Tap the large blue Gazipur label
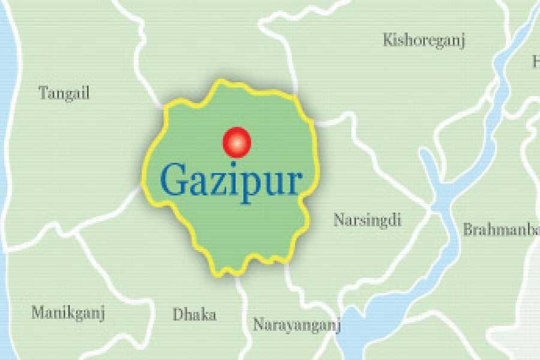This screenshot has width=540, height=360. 231,181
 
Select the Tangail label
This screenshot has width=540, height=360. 64,93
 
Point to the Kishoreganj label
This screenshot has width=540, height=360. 424,41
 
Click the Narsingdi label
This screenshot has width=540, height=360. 367,220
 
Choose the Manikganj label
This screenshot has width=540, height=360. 68,313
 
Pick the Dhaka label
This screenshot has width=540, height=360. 194,314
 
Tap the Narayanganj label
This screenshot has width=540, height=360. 296,325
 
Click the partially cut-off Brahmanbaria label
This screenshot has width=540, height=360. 500,229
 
